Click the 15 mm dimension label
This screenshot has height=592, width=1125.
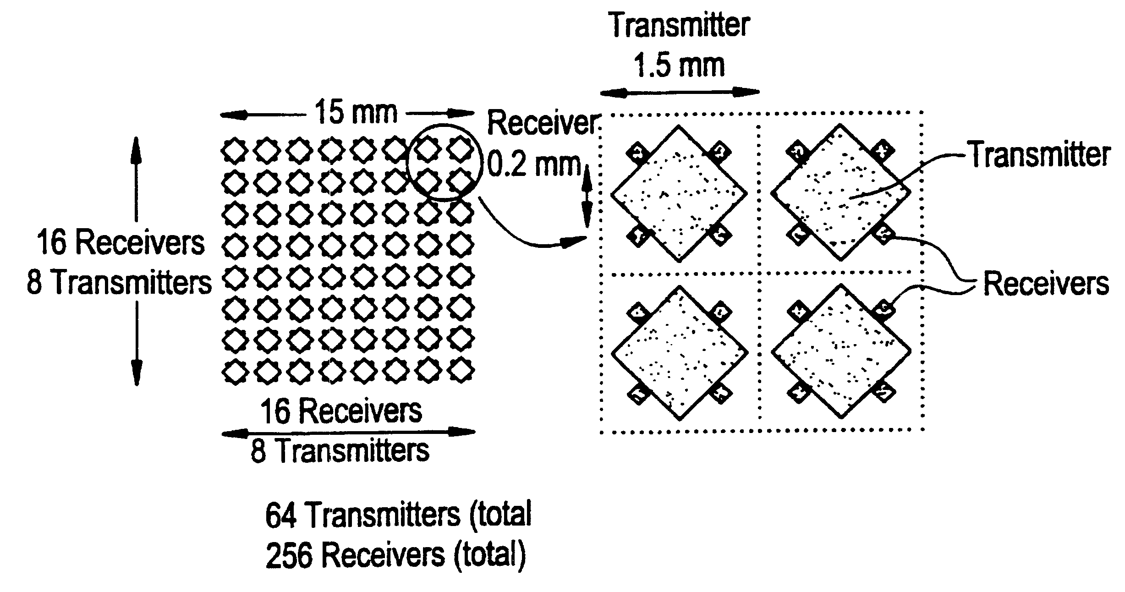(356, 112)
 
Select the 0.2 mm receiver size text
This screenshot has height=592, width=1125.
(534, 164)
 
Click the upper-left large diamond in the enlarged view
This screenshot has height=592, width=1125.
(679, 193)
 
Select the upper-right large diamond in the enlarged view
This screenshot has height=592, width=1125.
(840, 192)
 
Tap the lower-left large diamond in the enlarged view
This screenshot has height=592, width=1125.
(680, 353)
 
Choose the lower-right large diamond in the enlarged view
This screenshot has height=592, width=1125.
(841, 351)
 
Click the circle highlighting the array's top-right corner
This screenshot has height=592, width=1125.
(445, 163)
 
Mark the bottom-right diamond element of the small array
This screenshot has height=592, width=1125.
(461, 372)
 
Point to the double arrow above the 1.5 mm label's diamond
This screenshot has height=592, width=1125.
(680, 92)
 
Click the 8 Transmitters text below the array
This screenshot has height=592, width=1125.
(340, 451)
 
